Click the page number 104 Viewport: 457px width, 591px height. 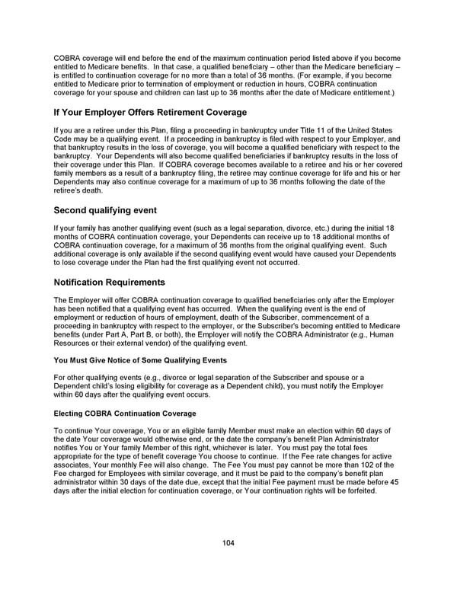(228, 543)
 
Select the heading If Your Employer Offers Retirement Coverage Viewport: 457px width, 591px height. (150, 112)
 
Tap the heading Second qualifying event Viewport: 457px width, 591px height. (105, 209)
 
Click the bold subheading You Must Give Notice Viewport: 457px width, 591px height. (140, 359)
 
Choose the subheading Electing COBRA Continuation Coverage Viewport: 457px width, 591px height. (125, 413)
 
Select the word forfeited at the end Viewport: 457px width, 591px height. (359, 490)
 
